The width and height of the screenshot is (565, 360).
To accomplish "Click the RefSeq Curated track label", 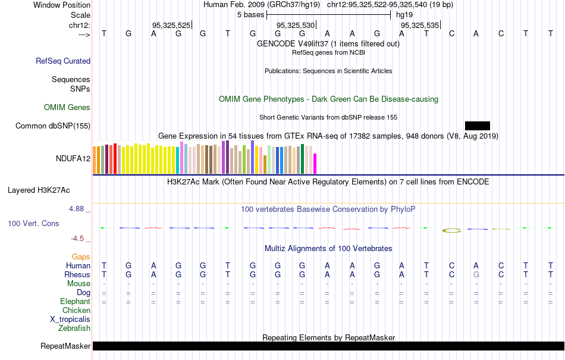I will pyautogui.click(x=63, y=61).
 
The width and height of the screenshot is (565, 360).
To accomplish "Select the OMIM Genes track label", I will pyautogui.click(x=67, y=108).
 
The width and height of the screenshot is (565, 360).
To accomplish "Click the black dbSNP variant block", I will pyautogui.click(x=477, y=126).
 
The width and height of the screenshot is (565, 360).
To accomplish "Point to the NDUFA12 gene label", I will pyautogui.click(x=73, y=158).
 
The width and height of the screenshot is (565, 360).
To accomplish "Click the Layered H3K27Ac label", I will pyautogui.click(x=39, y=190).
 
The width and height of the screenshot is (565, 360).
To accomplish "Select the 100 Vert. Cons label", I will pyautogui.click(x=33, y=223).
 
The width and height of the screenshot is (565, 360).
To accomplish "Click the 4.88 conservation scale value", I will pyautogui.click(x=77, y=209).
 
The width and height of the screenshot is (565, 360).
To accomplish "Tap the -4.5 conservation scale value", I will pyautogui.click(x=78, y=239).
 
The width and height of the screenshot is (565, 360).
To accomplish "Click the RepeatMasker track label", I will pyautogui.click(x=65, y=346).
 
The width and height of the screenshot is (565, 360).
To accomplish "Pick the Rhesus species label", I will pyautogui.click(x=77, y=275).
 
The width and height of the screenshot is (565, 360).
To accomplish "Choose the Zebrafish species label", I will pyautogui.click(x=74, y=328).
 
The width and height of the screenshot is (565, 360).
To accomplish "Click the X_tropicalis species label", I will pyautogui.click(x=70, y=319).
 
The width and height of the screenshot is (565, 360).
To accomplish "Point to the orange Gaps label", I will pyautogui.click(x=81, y=256).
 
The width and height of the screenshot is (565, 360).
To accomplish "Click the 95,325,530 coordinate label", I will pyautogui.click(x=296, y=26).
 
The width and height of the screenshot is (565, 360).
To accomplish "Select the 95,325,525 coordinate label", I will pyautogui.click(x=171, y=26).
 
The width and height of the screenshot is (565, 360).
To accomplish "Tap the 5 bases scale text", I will pyautogui.click(x=247, y=15).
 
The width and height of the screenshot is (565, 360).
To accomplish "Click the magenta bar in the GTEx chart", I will pyautogui.click(x=315, y=164).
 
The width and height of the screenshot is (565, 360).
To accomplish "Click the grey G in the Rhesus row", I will pyautogui.click(x=476, y=275).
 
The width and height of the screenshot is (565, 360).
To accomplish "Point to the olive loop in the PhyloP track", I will pyautogui.click(x=451, y=230).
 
